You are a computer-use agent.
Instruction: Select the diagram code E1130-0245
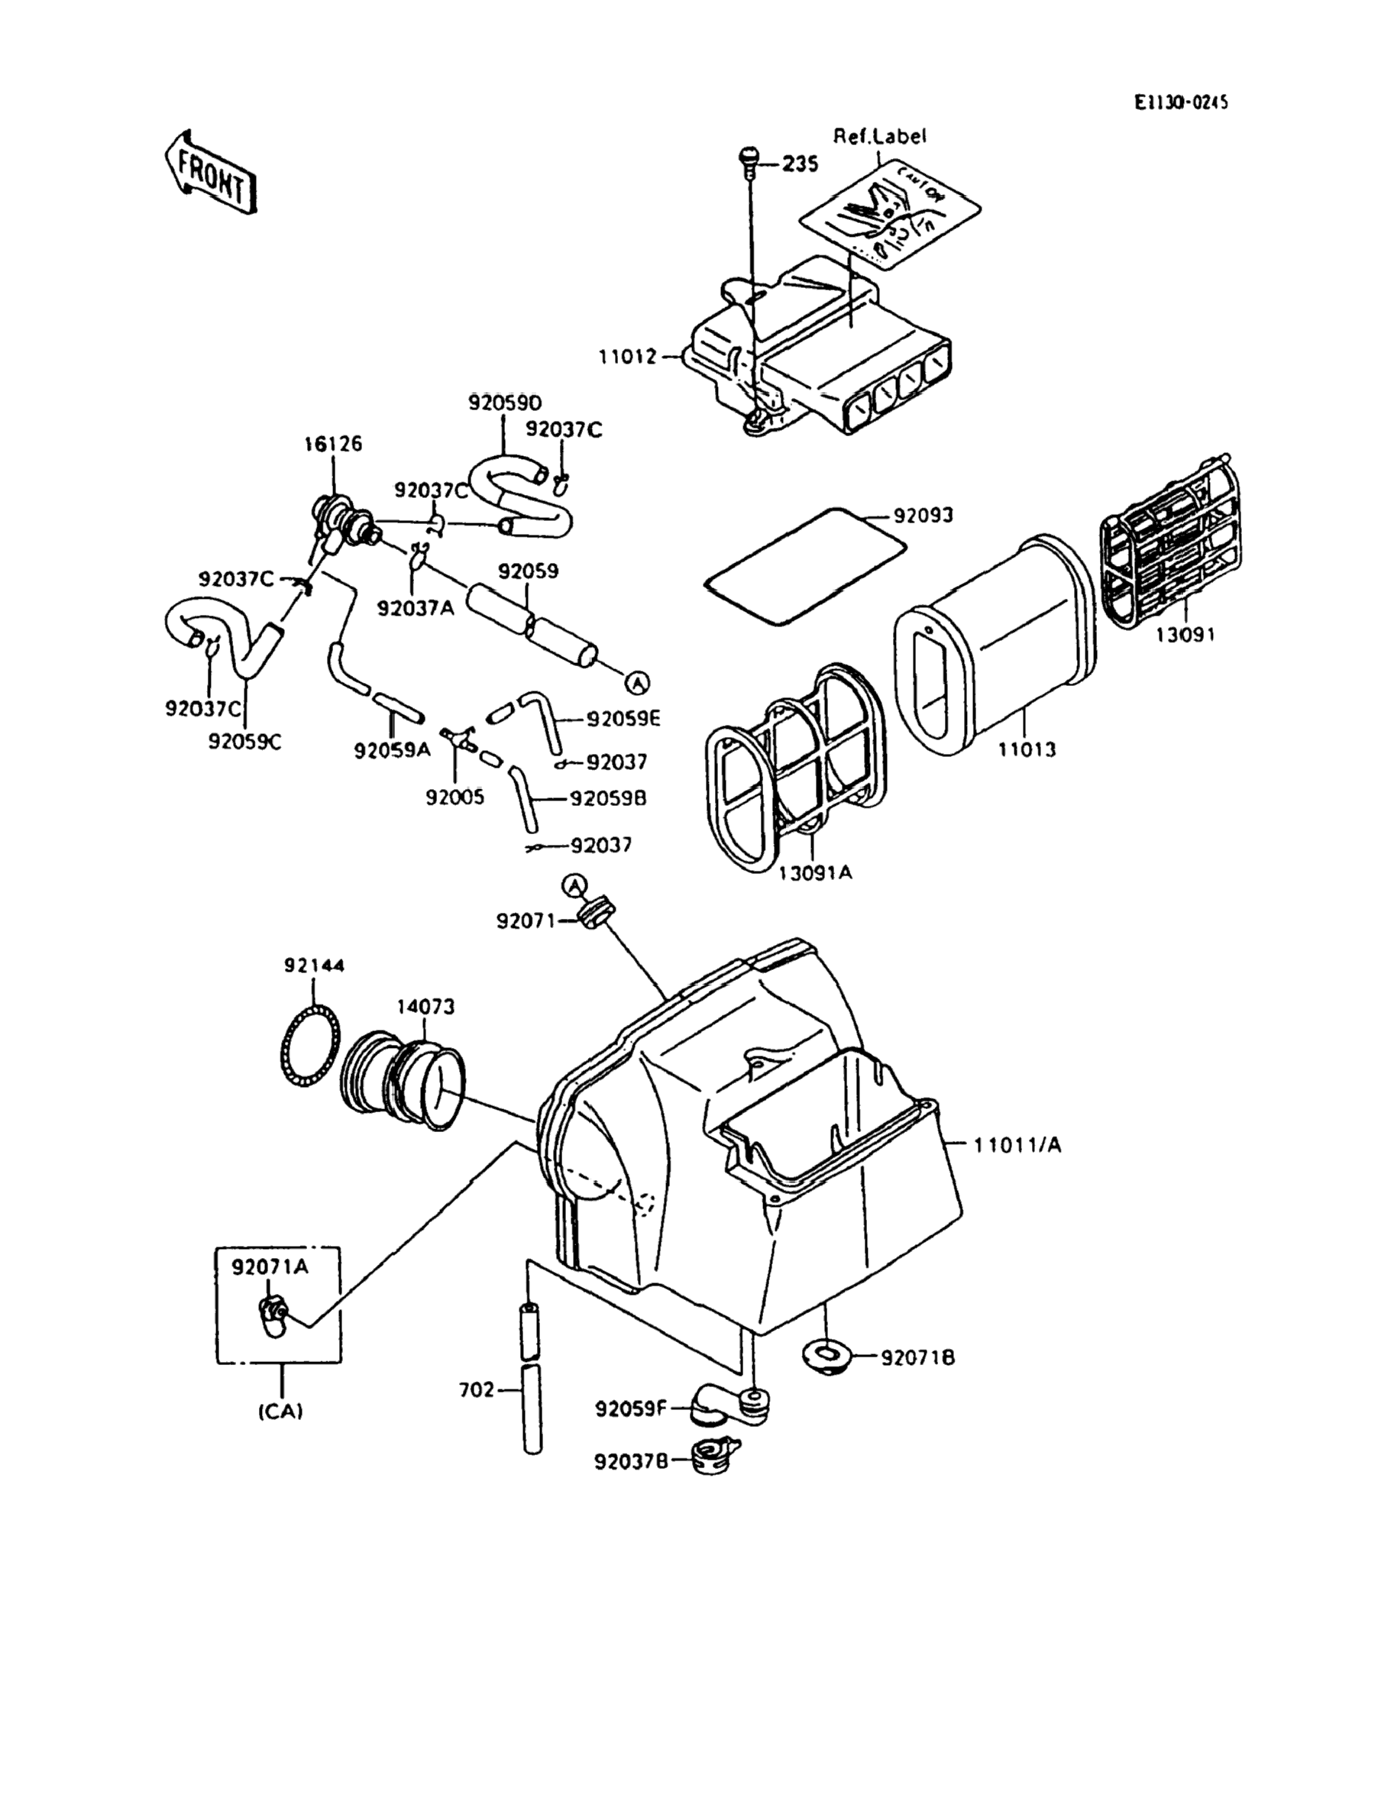[x=1180, y=102]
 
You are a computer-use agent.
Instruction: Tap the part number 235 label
[x=800, y=164]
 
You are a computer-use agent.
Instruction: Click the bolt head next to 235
[x=748, y=156]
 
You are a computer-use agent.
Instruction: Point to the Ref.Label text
[x=879, y=136]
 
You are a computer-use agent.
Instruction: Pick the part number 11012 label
[x=627, y=357]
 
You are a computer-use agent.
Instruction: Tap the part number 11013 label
[x=1027, y=749]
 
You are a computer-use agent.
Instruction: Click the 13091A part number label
[x=814, y=872]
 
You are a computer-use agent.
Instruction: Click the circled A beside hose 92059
[x=637, y=681]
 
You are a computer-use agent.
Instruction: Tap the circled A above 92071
[x=576, y=885]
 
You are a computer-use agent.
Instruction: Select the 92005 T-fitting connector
[x=456, y=736]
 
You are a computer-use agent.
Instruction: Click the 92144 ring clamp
[x=311, y=1047]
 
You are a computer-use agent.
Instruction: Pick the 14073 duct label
[x=425, y=1006]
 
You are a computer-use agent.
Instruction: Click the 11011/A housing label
[x=1017, y=1145]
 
